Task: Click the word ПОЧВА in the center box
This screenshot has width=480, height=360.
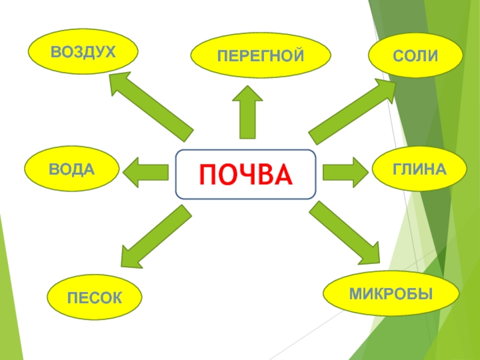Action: pos(245,175)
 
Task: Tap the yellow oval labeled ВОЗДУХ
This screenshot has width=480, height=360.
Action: pos(83,53)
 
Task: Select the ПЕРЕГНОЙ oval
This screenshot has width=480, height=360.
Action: pos(261,56)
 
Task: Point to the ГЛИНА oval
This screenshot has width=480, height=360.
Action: pos(419,170)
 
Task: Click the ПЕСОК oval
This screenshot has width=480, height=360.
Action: pos(95,298)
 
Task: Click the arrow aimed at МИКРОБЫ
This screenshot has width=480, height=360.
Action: pos(346,233)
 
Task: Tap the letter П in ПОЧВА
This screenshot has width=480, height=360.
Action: pos(208,175)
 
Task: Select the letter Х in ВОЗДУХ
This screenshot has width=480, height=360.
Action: pos(108,53)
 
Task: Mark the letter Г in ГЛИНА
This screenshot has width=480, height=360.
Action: pos(397,170)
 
